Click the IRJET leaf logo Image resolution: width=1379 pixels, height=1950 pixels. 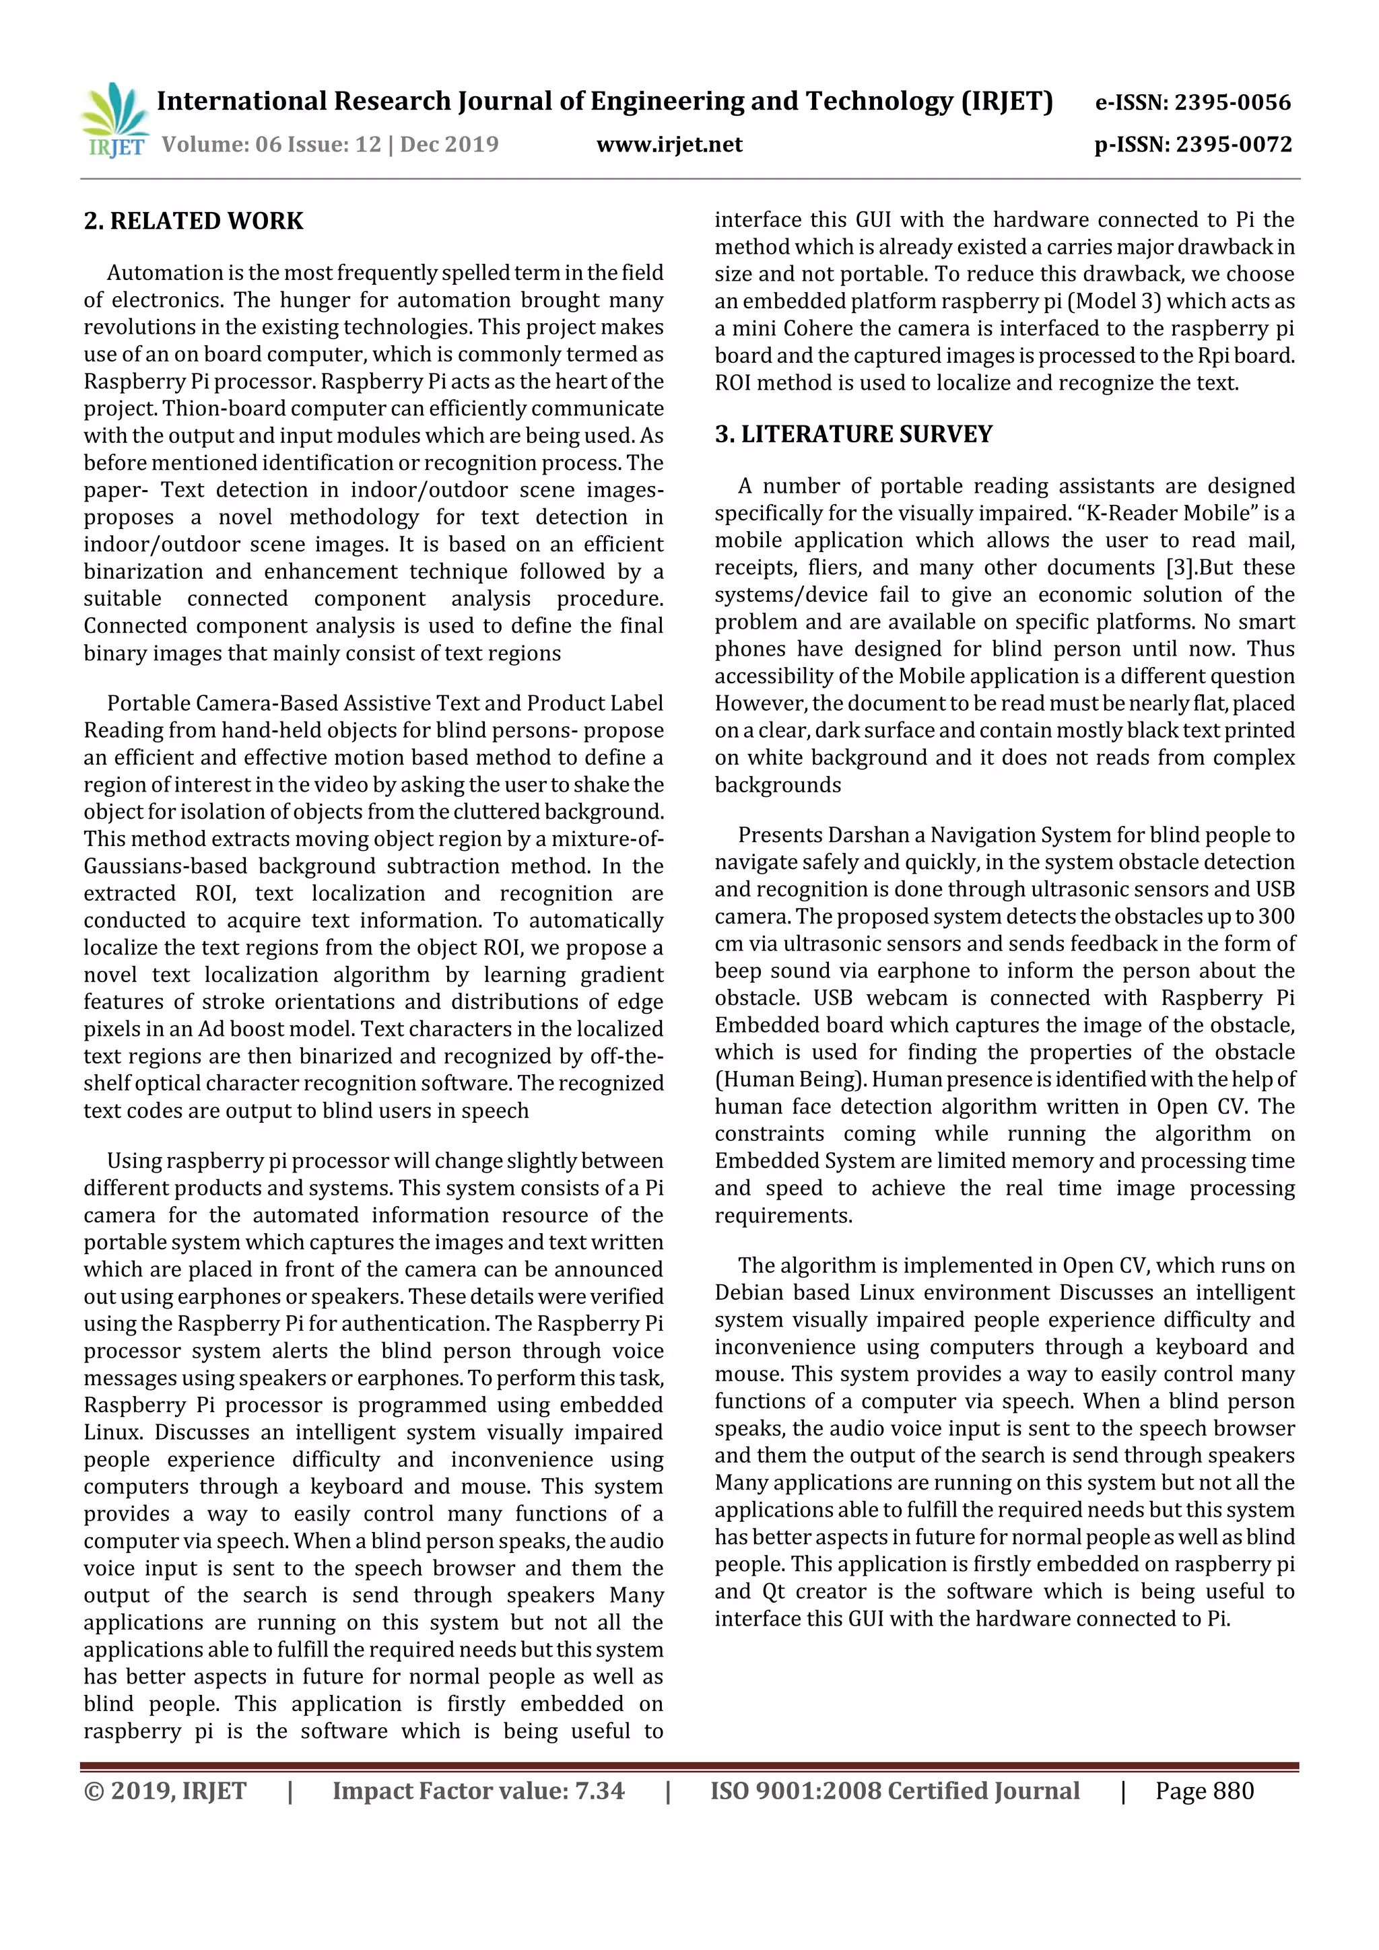[114, 120]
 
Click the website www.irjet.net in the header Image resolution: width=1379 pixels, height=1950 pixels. [669, 144]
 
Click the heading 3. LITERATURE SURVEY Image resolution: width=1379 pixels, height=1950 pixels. [853, 434]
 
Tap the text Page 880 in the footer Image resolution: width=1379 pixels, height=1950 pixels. [1204, 1790]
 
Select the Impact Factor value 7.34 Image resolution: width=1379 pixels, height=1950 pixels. [600, 1790]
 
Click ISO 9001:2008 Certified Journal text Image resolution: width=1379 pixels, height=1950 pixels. [895, 1790]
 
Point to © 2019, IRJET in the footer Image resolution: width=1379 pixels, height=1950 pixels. [165, 1790]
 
